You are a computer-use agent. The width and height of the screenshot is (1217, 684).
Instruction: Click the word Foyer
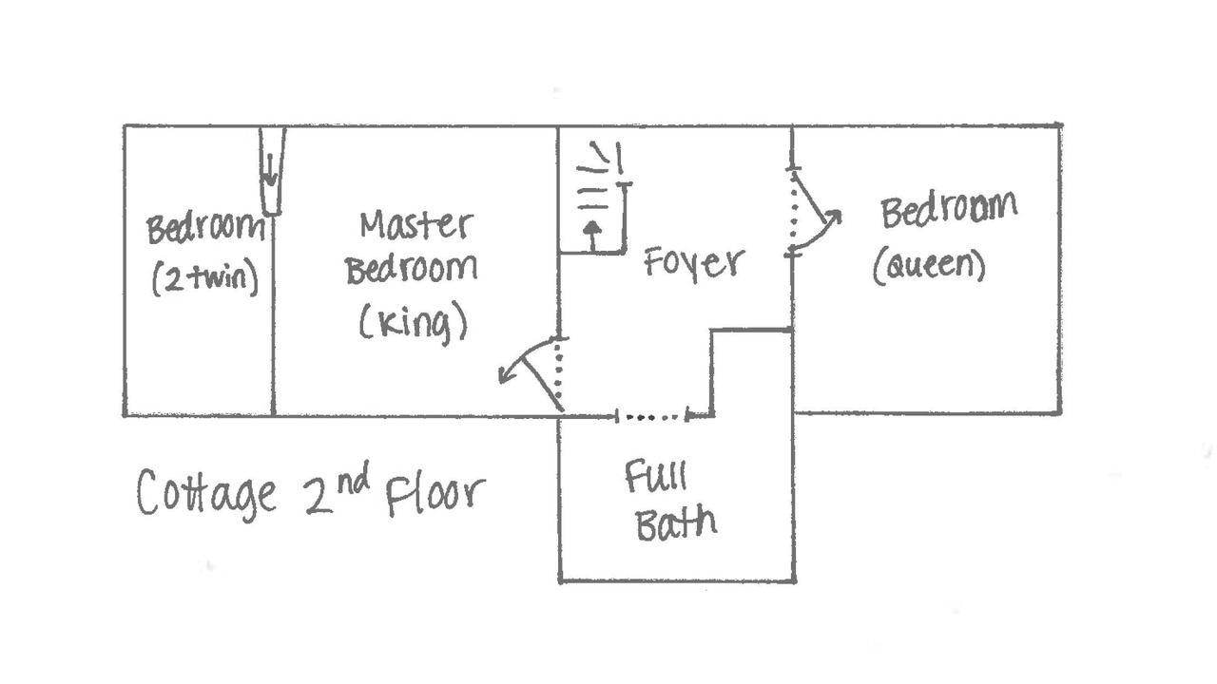pos(693,262)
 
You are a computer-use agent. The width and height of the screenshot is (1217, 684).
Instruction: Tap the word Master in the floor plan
pos(415,225)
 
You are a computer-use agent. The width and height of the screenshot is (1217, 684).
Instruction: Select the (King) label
pos(413,324)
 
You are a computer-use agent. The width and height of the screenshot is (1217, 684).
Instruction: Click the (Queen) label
pos(929,267)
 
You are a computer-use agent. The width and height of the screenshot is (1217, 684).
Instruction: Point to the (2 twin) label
pos(204,280)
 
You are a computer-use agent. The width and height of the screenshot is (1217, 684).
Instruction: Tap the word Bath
pos(675,522)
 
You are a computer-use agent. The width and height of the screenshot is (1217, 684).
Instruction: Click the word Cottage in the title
pos(206,494)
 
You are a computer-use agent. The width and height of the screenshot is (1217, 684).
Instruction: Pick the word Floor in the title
pos(435,494)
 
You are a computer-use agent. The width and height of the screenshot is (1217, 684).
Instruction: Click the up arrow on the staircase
pos(592,234)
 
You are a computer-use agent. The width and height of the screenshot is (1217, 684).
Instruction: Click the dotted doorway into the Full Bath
pos(652,415)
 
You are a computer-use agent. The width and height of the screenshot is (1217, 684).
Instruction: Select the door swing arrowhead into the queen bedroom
pos(833,218)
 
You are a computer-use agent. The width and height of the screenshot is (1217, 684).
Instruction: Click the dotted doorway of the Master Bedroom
pos(559,373)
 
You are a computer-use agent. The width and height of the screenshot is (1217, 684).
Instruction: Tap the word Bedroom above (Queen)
pos(948,210)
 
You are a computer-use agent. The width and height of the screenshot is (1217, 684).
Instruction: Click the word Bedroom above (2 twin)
pos(204,229)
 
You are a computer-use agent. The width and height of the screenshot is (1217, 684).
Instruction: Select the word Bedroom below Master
pos(411,270)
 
